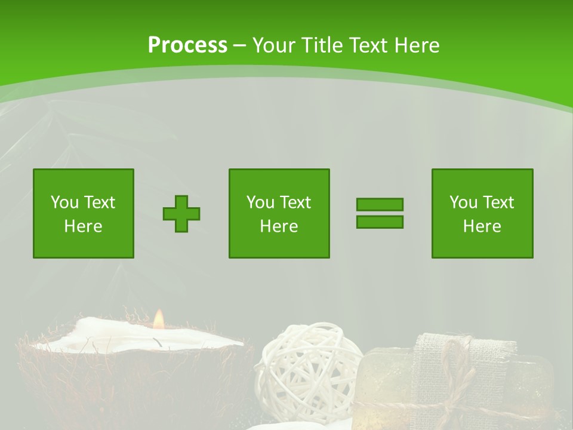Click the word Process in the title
point(187,45)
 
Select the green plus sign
point(181,213)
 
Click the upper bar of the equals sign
point(380,204)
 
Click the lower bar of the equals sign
point(380,222)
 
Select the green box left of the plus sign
point(84,213)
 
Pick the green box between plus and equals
point(279,213)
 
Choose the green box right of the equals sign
point(482,213)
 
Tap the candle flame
point(158,320)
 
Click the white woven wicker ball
point(307,364)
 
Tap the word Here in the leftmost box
point(84,226)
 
